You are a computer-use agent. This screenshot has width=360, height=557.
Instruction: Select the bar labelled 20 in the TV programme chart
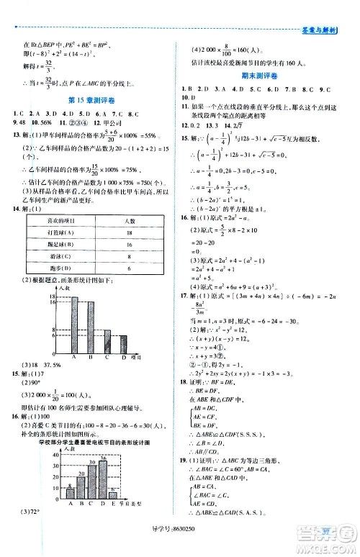(x=82, y=484)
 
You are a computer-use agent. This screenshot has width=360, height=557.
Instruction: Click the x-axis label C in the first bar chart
(x=107, y=356)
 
